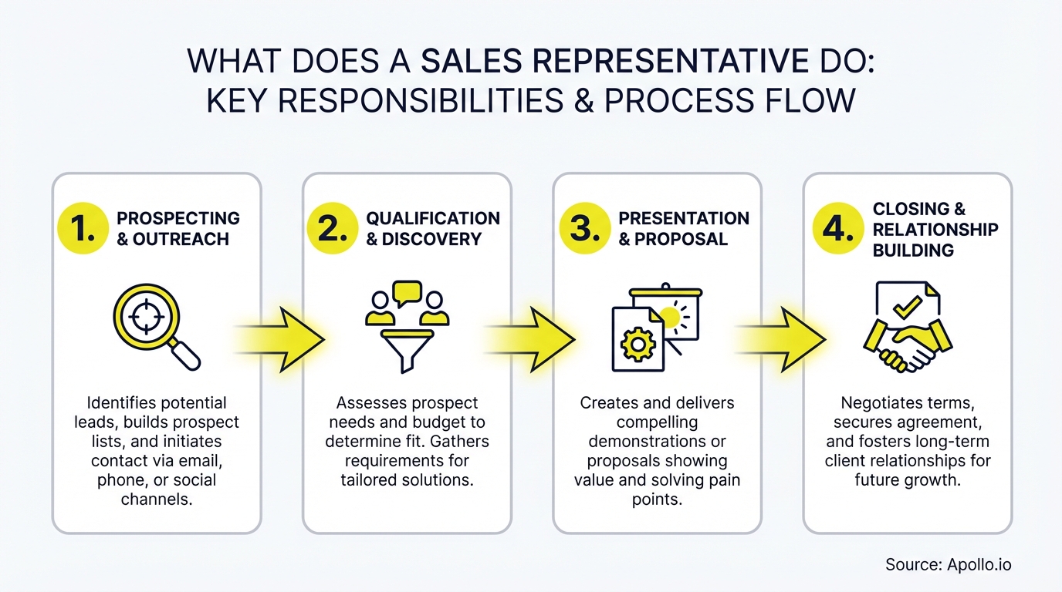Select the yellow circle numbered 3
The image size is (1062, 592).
click(584, 228)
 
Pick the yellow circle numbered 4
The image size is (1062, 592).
click(837, 228)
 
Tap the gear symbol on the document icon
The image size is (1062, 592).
click(637, 345)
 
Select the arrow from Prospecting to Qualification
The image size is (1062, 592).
click(281, 338)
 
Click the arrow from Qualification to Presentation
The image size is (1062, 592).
click(532, 338)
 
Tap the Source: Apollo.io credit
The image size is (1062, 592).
click(948, 564)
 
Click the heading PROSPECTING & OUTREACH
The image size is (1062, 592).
click(178, 228)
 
